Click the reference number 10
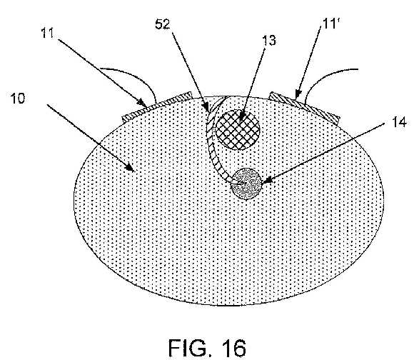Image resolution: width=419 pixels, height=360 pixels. pyautogui.click(x=18, y=98)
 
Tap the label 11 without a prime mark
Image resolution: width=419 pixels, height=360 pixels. pyautogui.click(x=47, y=33)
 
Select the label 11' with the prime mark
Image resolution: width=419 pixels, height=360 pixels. pyautogui.click(x=330, y=23)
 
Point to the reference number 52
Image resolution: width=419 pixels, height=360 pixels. pyautogui.click(x=163, y=24)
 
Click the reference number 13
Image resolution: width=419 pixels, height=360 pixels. pyautogui.click(x=268, y=40)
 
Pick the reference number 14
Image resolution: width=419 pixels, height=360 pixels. pyautogui.click(x=399, y=122)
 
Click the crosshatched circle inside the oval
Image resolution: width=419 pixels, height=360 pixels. pyautogui.click(x=238, y=130)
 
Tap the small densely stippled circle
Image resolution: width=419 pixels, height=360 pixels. pyautogui.click(x=246, y=184)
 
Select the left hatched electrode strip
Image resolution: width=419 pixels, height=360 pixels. pyautogui.click(x=157, y=106)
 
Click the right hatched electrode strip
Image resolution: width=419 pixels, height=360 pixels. pyautogui.click(x=305, y=108)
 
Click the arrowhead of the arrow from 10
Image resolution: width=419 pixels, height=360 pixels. pyautogui.click(x=131, y=168)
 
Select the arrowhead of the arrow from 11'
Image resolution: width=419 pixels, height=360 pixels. pyautogui.click(x=298, y=94)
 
